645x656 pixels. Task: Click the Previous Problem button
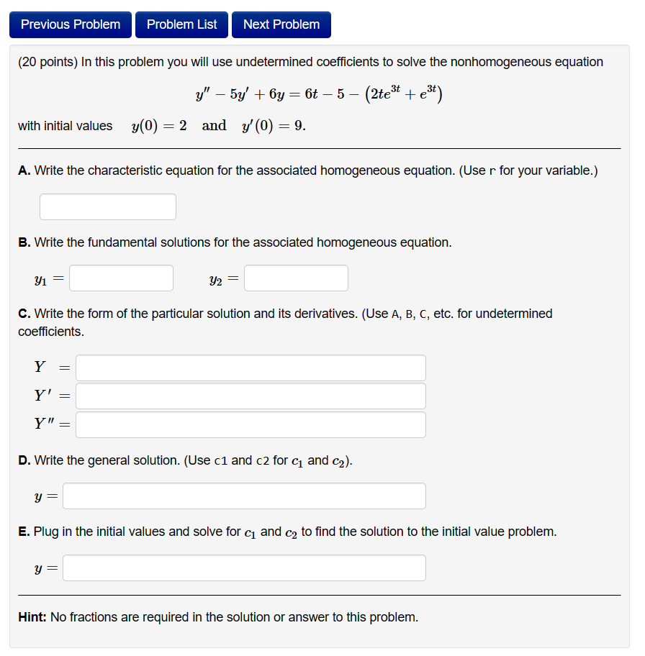(x=71, y=24)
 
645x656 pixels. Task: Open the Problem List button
(x=181, y=24)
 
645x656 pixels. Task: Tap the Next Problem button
(x=281, y=24)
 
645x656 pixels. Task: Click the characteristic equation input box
(x=108, y=207)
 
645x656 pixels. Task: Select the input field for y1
(x=121, y=278)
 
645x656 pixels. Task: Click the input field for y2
(x=296, y=278)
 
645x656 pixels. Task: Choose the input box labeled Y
(x=251, y=368)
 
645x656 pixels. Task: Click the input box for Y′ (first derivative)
(x=251, y=396)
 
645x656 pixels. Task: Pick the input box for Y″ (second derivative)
(x=251, y=424)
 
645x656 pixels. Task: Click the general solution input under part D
(x=244, y=496)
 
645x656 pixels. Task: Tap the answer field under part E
(x=244, y=568)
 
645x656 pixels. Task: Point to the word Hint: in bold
(x=32, y=617)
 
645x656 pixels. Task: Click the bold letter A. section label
(x=24, y=170)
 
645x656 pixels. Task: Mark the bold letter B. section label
(x=24, y=242)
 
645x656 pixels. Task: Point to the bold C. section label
(x=24, y=314)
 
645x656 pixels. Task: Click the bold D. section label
(x=24, y=460)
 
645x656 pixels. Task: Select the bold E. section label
(x=24, y=532)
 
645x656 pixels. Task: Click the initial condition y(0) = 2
(x=159, y=126)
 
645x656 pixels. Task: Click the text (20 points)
(x=48, y=62)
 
